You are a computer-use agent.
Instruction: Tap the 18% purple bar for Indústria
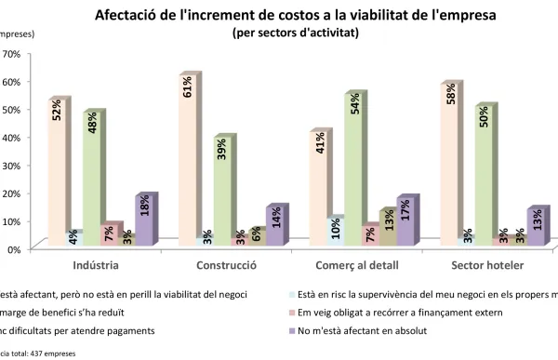click(144, 223)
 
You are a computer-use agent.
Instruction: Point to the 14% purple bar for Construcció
click(275, 229)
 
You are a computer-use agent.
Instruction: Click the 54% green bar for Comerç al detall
click(353, 173)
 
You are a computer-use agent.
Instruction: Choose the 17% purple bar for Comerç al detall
click(406, 224)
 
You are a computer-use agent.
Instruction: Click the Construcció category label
click(226, 265)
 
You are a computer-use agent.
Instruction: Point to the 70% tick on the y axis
click(11, 53)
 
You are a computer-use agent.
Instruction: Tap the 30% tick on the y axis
click(11, 165)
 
